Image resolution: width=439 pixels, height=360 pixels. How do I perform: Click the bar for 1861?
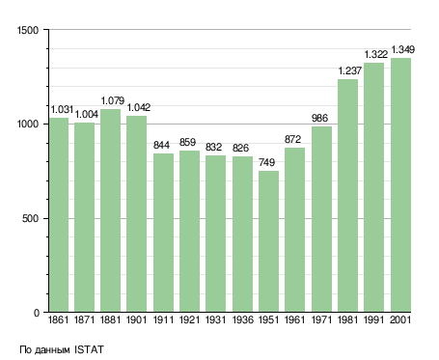click(x=59, y=215)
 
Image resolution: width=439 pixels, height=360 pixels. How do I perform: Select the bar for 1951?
click(x=268, y=241)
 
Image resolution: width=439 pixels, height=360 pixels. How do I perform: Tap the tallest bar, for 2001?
click(x=400, y=185)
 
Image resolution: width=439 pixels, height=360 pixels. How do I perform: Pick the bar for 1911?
click(x=163, y=233)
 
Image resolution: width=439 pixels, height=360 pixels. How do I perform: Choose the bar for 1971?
click(x=321, y=219)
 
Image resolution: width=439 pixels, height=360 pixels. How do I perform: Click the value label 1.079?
click(x=113, y=100)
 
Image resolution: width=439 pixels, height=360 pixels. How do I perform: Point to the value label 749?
click(x=266, y=162)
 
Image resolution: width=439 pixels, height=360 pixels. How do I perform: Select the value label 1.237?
click(x=350, y=70)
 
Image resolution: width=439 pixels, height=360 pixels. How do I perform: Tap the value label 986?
click(x=319, y=118)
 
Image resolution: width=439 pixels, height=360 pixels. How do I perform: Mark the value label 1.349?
click(x=403, y=49)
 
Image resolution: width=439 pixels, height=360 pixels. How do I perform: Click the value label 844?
click(x=161, y=145)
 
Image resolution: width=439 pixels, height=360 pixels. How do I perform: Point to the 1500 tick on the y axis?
click(x=28, y=30)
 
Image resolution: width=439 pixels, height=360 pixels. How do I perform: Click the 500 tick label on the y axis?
click(x=30, y=218)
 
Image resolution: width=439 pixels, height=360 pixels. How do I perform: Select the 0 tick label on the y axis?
click(x=36, y=313)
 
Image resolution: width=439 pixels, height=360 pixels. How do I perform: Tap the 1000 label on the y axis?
click(x=28, y=125)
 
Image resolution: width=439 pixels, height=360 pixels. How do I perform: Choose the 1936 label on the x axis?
click(x=242, y=320)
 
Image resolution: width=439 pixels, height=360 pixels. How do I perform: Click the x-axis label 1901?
click(x=136, y=320)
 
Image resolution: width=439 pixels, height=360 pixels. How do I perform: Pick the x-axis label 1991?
click(x=374, y=320)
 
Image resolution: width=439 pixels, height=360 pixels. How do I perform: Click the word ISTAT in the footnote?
click(x=89, y=349)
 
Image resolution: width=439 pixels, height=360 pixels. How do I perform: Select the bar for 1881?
click(x=110, y=210)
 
